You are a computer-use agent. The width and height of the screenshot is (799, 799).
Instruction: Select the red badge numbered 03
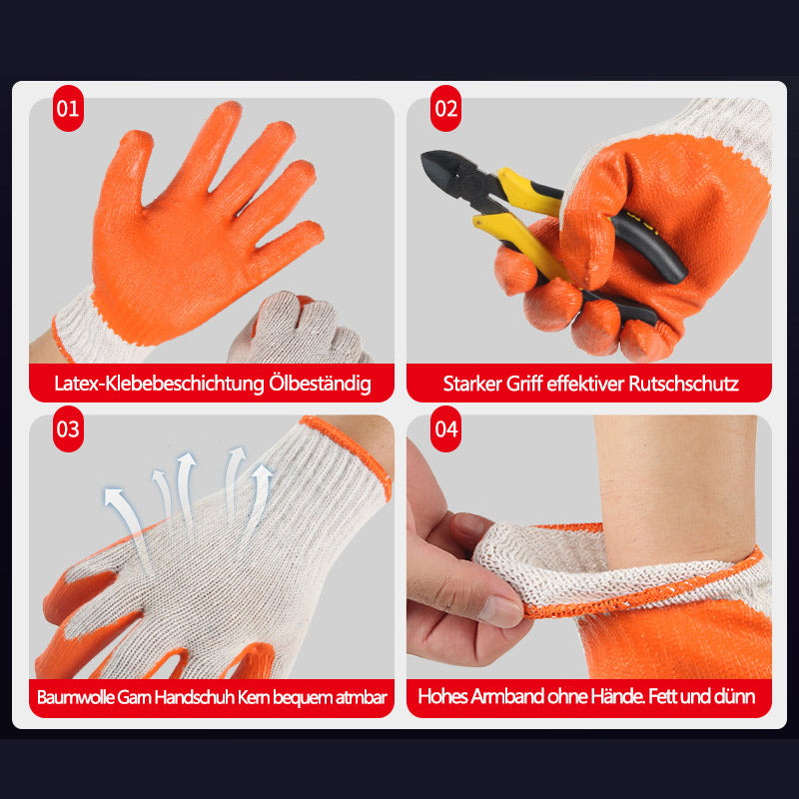point(67,430)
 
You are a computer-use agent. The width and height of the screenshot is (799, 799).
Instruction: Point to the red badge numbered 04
point(445,430)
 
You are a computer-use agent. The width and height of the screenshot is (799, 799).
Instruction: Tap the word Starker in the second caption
point(473,384)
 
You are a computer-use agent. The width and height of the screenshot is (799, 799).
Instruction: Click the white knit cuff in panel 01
point(90,325)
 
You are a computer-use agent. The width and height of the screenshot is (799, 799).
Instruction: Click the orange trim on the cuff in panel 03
point(350,449)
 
